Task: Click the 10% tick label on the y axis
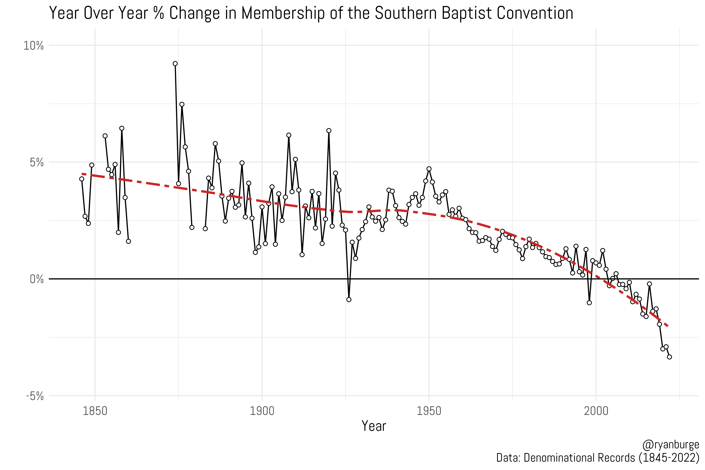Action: [34, 46]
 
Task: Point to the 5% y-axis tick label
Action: [37, 162]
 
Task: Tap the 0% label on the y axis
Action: [37, 279]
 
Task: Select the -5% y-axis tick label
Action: [35, 396]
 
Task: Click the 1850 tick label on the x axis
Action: [95, 411]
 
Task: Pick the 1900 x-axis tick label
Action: [262, 411]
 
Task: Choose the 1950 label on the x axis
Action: [429, 411]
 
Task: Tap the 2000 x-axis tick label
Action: [596, 411]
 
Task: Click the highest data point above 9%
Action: [175, 63]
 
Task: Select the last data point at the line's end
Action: [669, 357]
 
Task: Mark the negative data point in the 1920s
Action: [349, 299]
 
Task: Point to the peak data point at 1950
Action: [429, 169]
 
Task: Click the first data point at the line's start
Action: [82, 179]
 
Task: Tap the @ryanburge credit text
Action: [671, 444]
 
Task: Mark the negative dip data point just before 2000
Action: [589, 302]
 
